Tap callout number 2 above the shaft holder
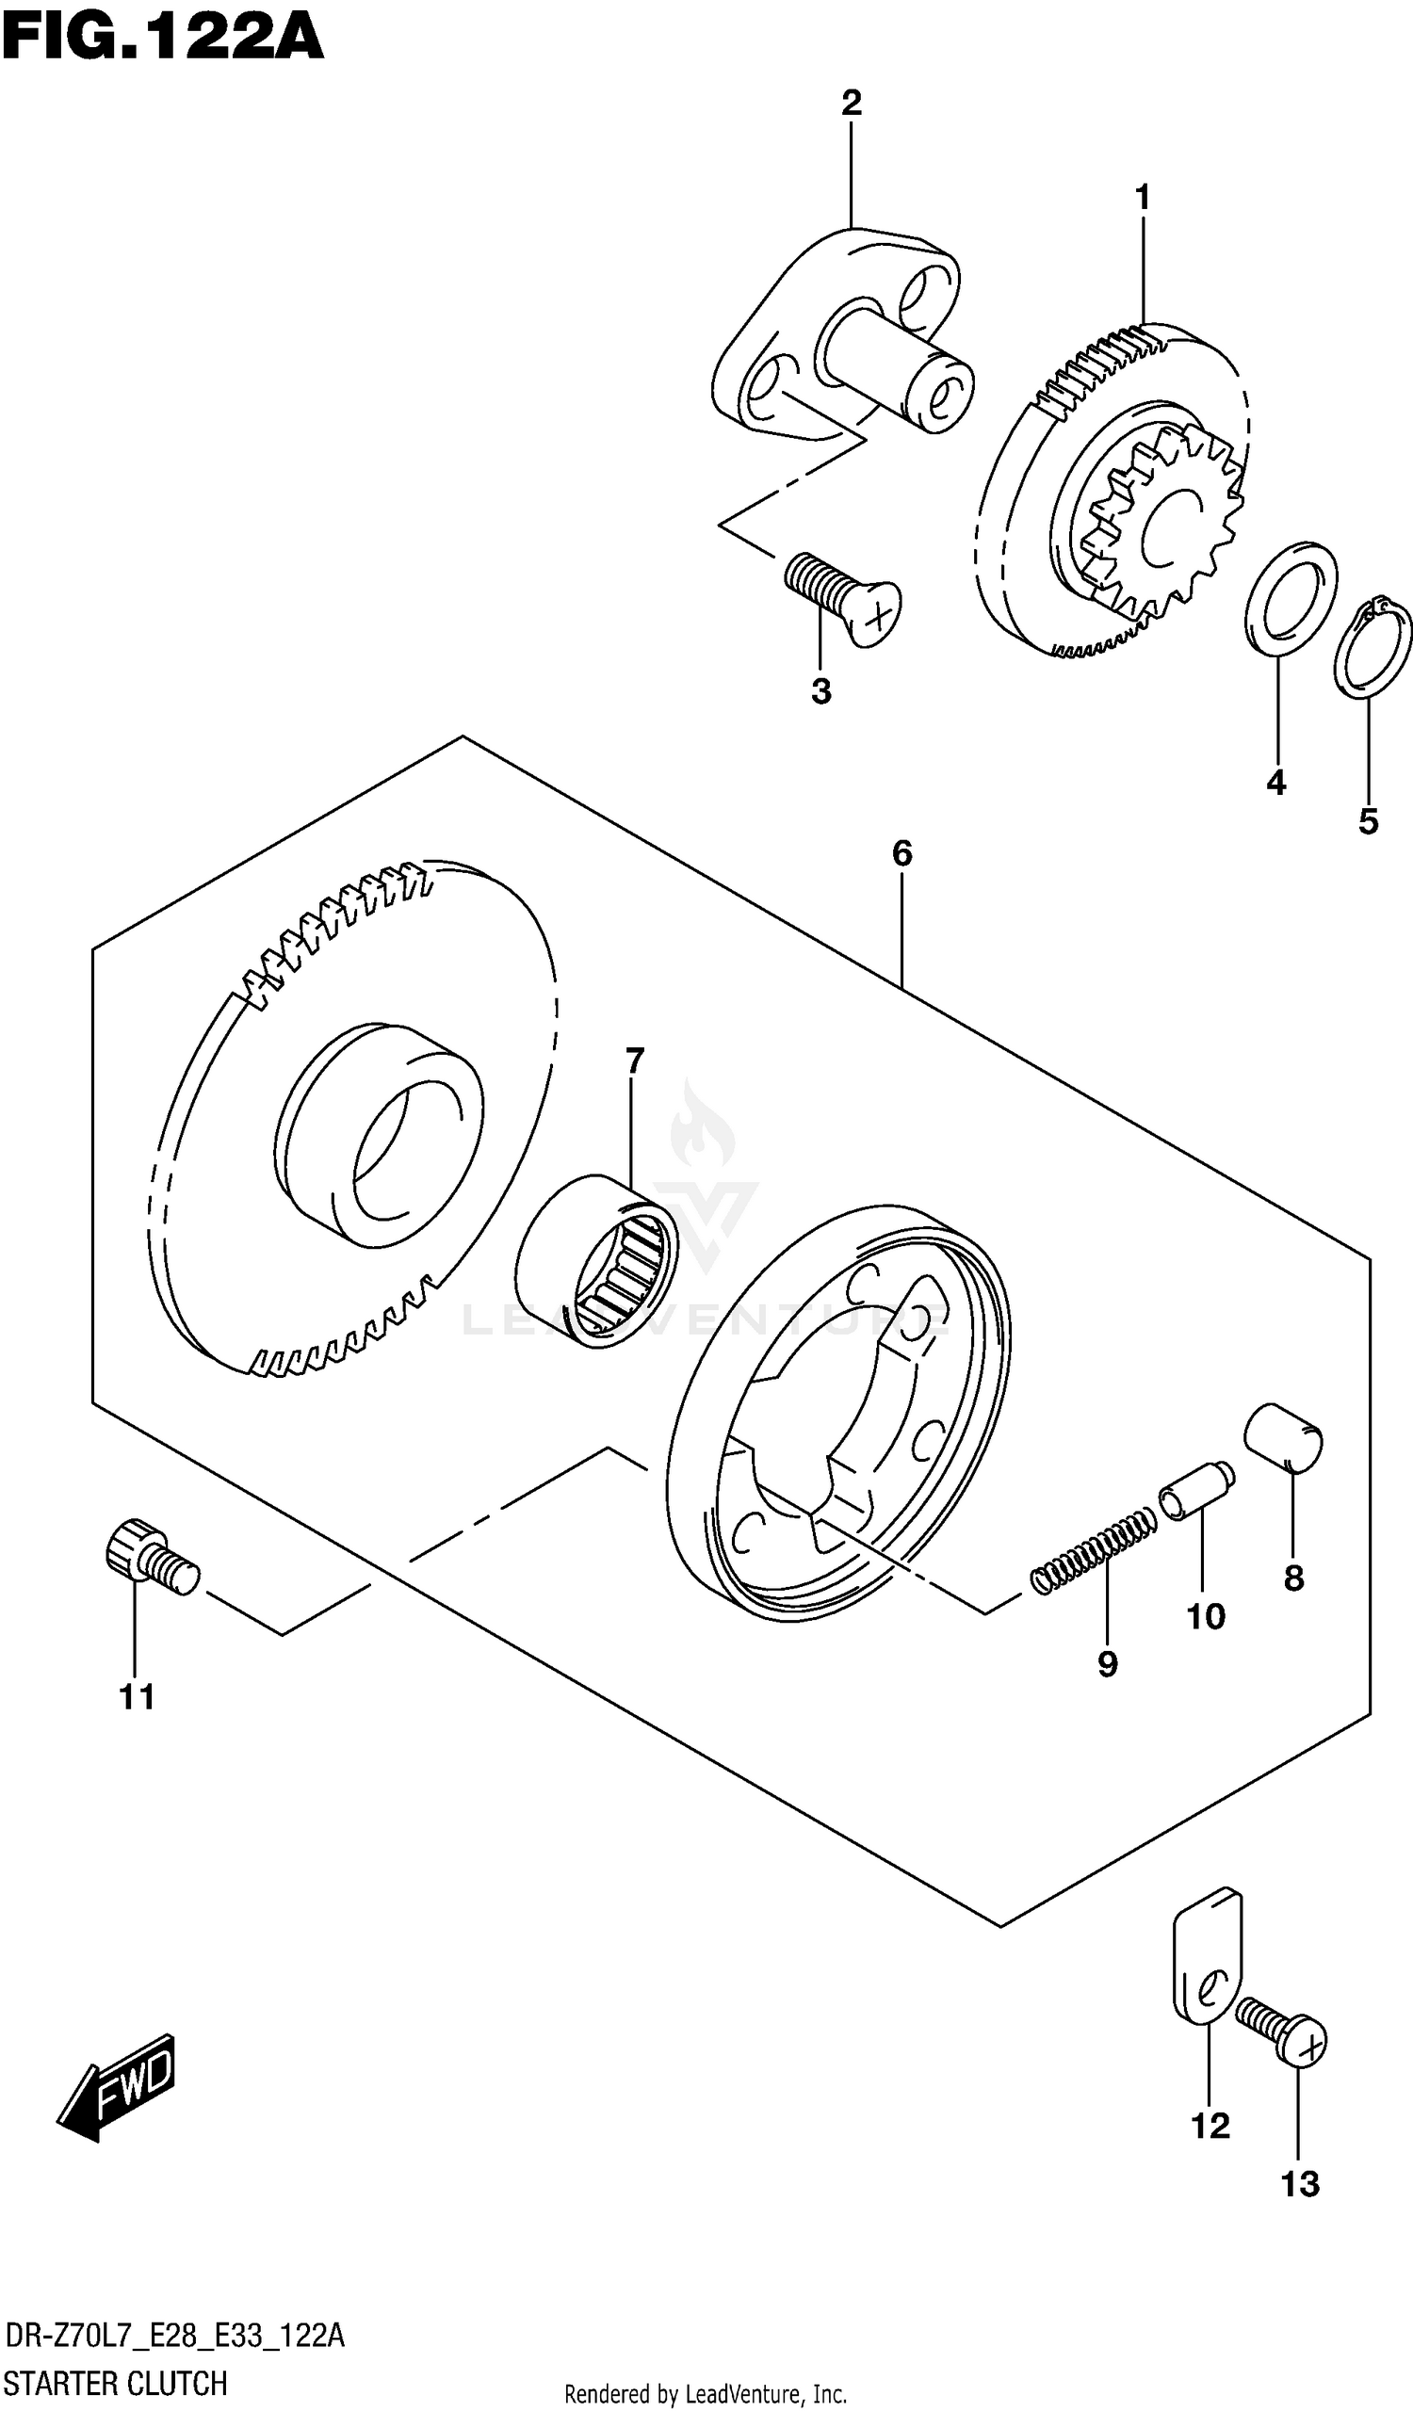[x=851, y=103]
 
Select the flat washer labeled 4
[x=1291, y=598]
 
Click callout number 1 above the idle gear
[x=1141, y=198]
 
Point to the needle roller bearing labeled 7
[x=595, y=1261]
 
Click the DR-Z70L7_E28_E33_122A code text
[x=174, y=2336]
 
